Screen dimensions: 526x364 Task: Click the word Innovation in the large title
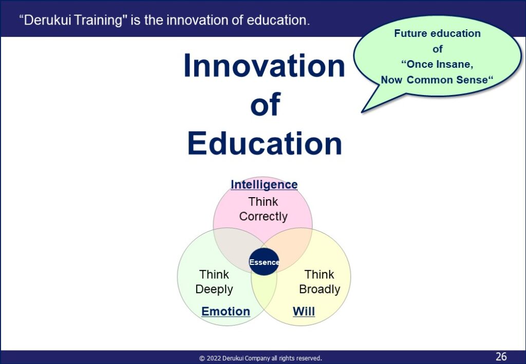pyautogui.click(x=265, y=65)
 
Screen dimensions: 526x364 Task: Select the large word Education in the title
pyautogui.click(x=265, y=143)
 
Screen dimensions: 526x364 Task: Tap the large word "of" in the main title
pyautogui.click(x=265, y=104)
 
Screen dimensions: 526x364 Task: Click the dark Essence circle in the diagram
pyautogui.click(x=264, y=262)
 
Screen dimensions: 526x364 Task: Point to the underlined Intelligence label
pyautogui.click(x=264, y=184)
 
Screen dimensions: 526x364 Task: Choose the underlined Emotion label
pyautogui.click(x=226, y=312)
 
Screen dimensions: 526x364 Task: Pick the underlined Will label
pyautogui.click(x=304, y=312)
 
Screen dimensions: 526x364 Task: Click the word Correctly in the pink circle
pyautogui.click(x=264, y=217)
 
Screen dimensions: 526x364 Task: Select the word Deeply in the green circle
pyautogui.click(x=214, y=289)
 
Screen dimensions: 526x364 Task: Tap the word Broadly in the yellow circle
pyautogui.click(x=320, y=289)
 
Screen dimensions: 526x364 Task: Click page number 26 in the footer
pyautogui.click(x=501, y=356)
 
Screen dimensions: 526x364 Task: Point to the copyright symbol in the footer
pyautogui.click(x=202, y=358)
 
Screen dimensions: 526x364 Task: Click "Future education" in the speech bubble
pyautogui.click(x=437, y=33)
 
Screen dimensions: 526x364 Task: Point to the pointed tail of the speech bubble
pyautogui.click(x=362, y=111)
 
